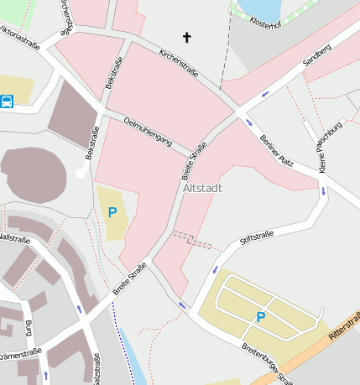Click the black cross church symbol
pos(186,37)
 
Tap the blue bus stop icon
pos(8,102)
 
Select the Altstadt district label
pos(202,188)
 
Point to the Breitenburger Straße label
pos(268,362)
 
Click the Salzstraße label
pos(97,369)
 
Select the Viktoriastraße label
pos(18,37)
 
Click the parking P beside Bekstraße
pos(112,212)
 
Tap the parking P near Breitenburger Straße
pos(260,316)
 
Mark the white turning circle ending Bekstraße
pos(81,173)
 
